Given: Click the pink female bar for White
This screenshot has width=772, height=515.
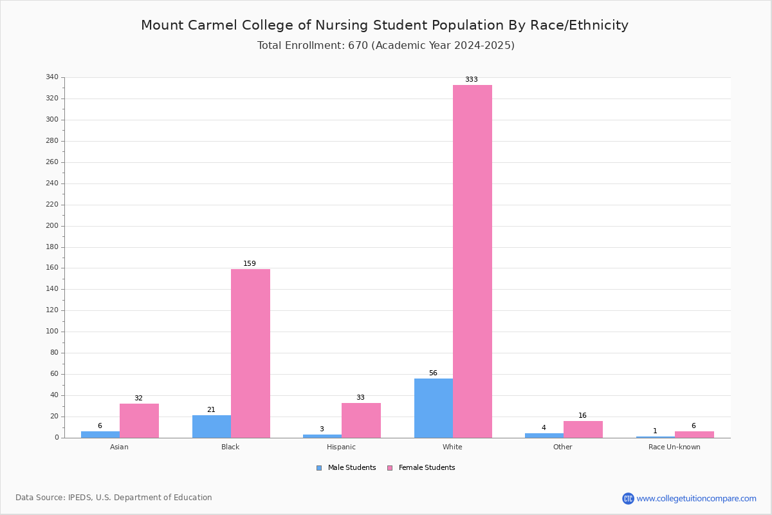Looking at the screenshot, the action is [x=472, y=261].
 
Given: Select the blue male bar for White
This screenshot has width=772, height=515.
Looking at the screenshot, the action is [x=434, y=408].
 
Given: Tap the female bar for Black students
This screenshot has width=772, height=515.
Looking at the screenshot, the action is [x=250, y=353].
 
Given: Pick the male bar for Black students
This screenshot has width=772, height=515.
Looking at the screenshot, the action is [x=212, y=427].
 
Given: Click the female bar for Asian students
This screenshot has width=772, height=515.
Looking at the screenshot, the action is [x=139, y=421].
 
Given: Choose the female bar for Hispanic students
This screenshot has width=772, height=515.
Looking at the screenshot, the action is [x=361, y=420].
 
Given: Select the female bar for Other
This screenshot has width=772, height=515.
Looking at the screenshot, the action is [x=583, y=429].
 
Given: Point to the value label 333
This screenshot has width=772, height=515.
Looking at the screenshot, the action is [x=472, y=79].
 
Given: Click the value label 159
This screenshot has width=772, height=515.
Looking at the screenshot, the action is [x=250, y=263].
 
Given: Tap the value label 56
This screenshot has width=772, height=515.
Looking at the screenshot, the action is [x=433, y=373].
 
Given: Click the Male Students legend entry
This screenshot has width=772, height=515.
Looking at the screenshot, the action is [x=346, y=468].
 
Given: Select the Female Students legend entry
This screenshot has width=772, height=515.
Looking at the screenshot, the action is [x=421, y=468].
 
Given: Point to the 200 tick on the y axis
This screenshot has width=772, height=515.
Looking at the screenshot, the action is [x=52, y=226].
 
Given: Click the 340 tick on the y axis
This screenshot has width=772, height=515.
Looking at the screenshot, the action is [x=52, y=77].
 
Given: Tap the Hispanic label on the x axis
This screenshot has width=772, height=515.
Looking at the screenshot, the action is [x=341, y=447].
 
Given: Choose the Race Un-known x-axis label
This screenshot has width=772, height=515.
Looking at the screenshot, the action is [x=674, y=447].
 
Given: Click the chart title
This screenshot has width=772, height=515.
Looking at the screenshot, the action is [x=385, y=25].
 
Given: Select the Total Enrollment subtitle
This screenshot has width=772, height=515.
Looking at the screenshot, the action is [x=385, y=46].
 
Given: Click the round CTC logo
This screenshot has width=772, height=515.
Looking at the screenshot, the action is [x=628, y=498].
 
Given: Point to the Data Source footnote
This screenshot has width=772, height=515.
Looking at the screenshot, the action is [x=114, y=498].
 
